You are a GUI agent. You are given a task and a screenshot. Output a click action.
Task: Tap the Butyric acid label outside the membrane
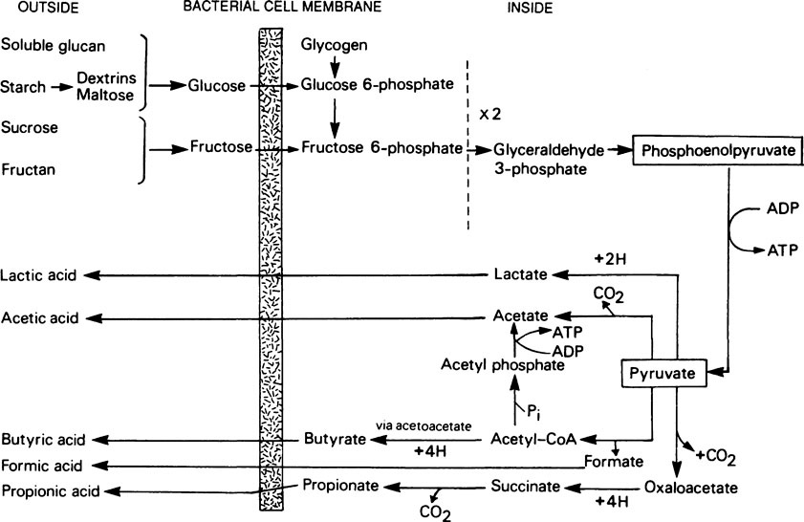click(43, 440)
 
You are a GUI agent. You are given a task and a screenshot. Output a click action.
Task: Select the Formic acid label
click(41, 466)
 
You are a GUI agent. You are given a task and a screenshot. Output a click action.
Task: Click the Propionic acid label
click(48, 491)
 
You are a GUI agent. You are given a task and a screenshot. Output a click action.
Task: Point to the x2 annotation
click(489, 113)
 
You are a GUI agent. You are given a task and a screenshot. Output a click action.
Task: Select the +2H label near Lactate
click(608, 259)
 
